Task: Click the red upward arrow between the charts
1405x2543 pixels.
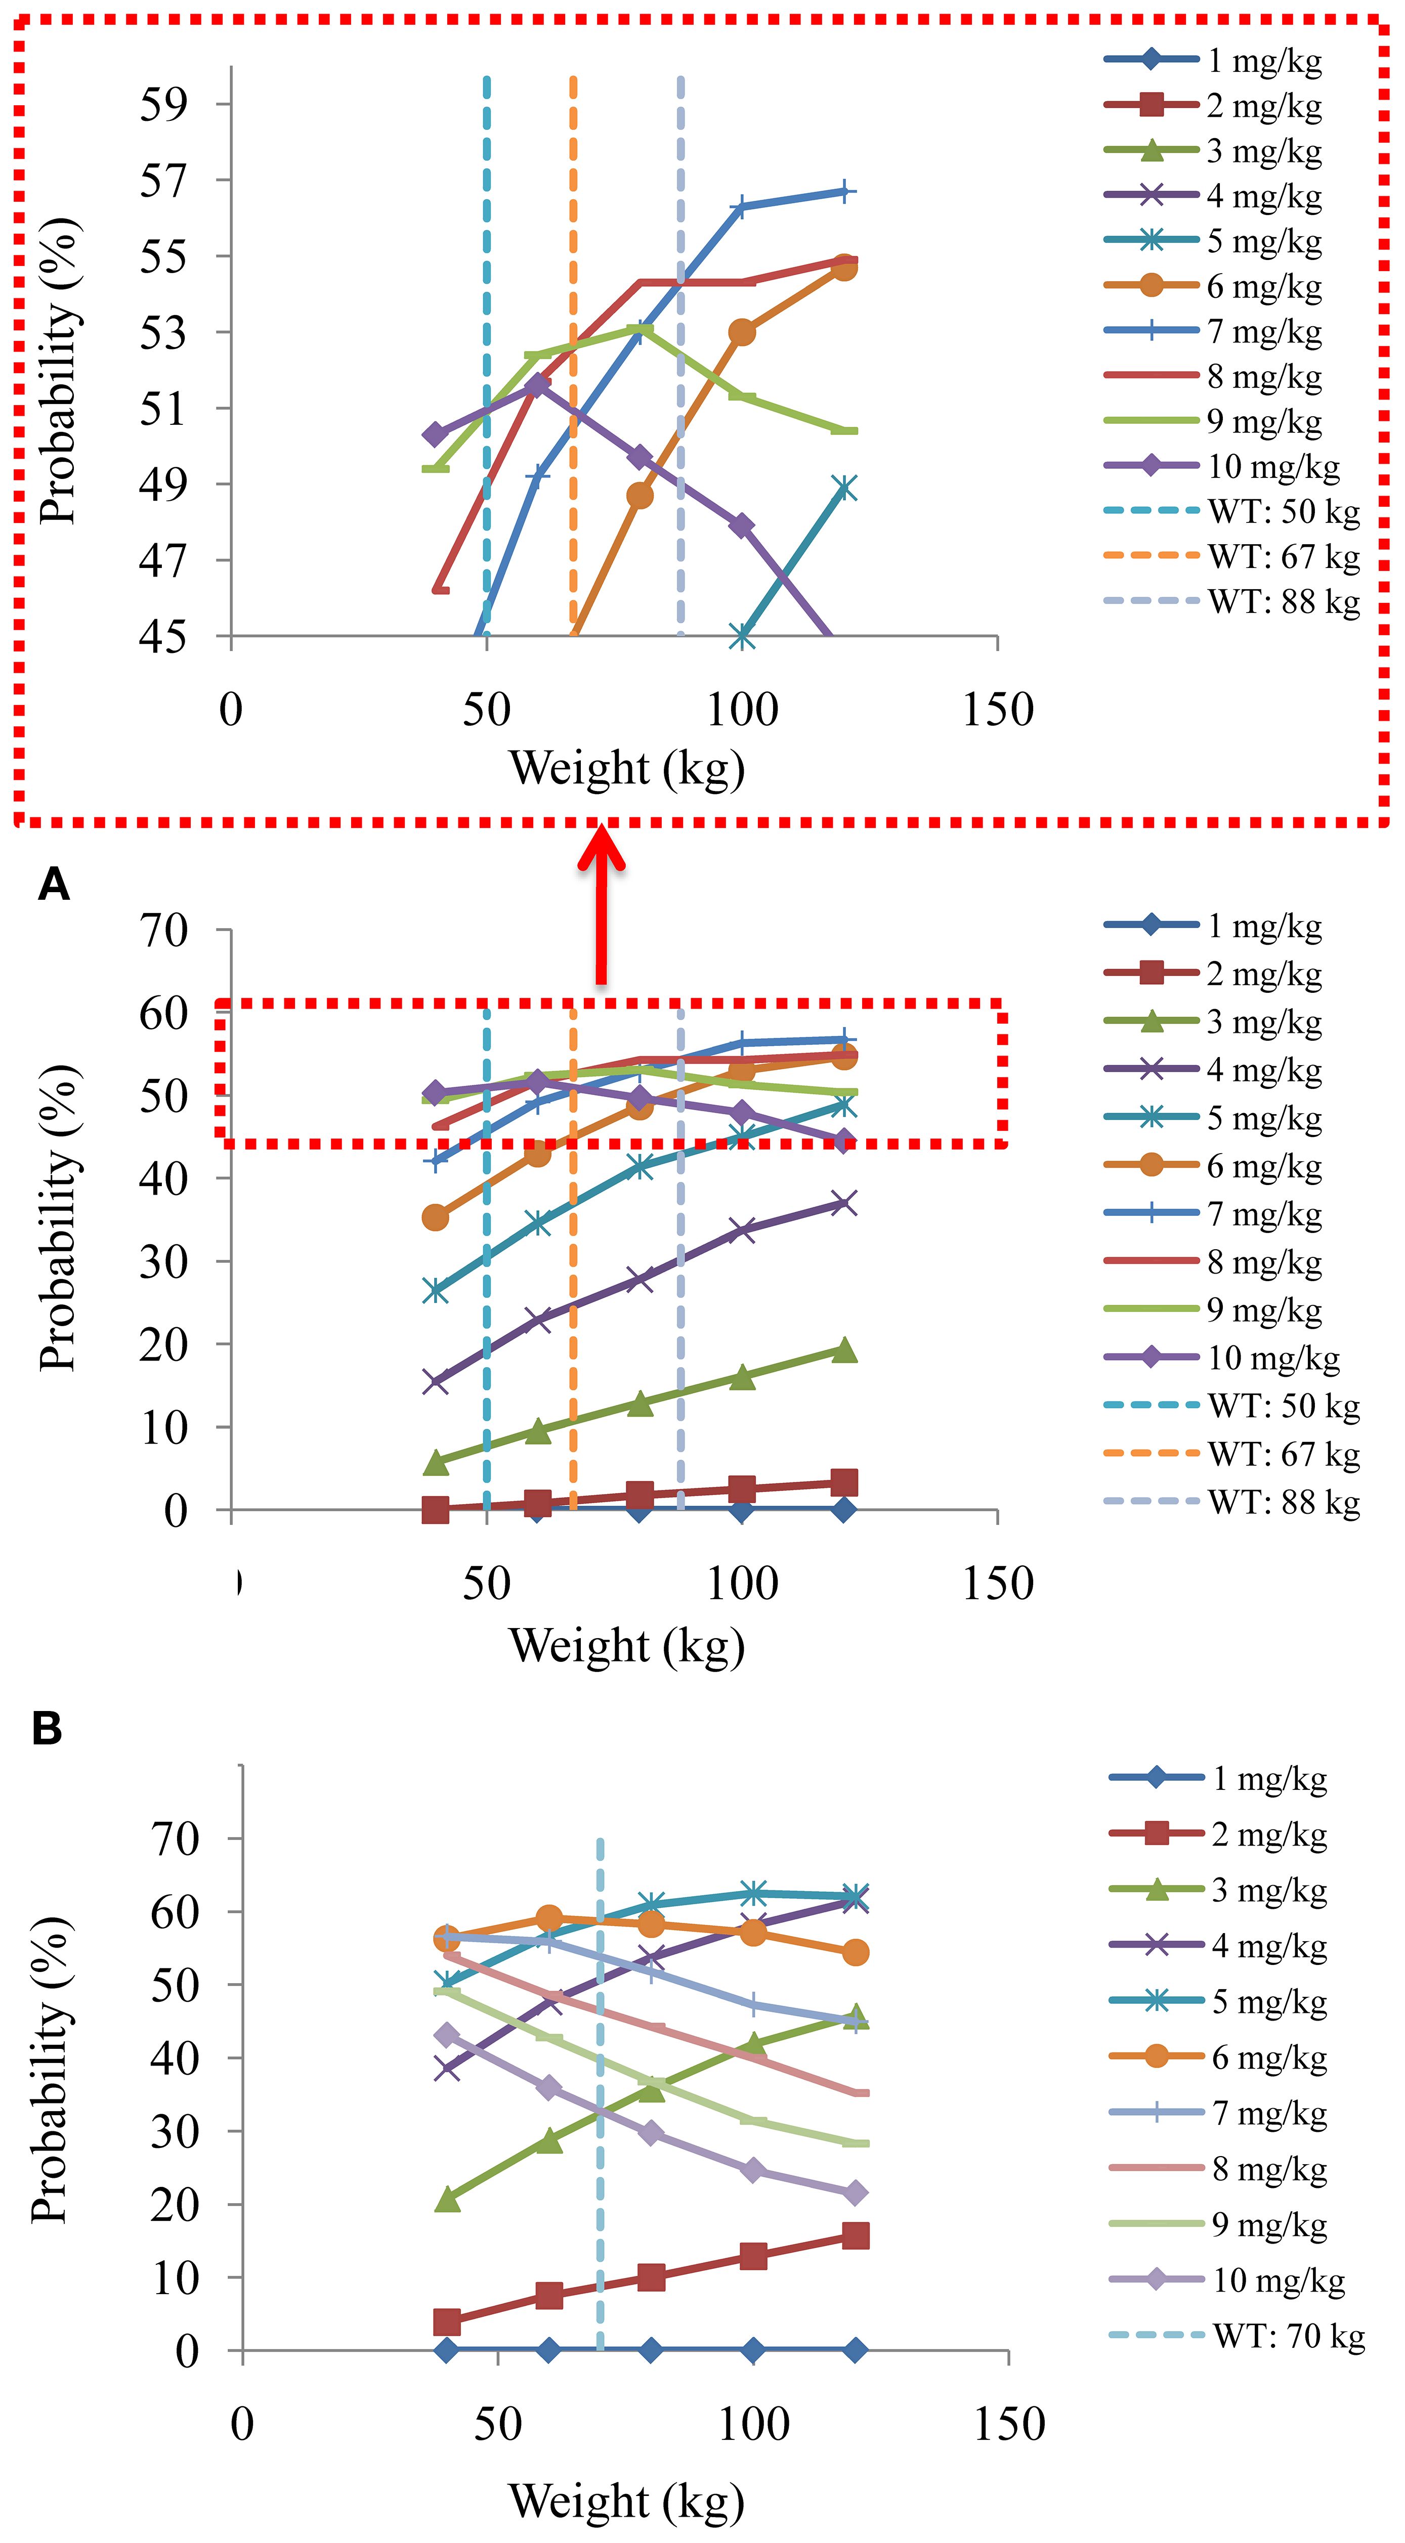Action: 601,903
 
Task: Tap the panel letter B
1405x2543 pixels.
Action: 48,1730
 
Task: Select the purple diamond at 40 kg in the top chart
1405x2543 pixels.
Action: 435,434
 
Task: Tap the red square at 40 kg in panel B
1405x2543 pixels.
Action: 447,2322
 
